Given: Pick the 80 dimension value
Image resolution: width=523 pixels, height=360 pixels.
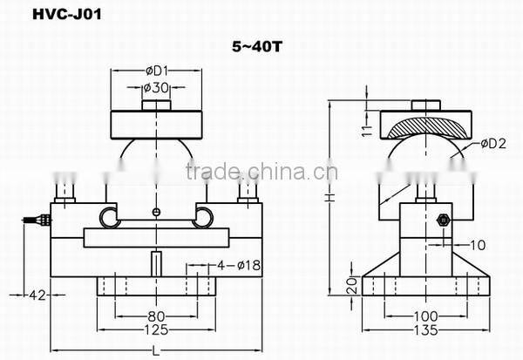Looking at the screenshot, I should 155,316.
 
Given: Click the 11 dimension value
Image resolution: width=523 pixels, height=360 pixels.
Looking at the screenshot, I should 367,129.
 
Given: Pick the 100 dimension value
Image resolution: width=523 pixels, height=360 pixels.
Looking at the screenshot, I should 425,316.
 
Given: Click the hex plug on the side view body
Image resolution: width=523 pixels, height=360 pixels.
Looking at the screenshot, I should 441,219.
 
